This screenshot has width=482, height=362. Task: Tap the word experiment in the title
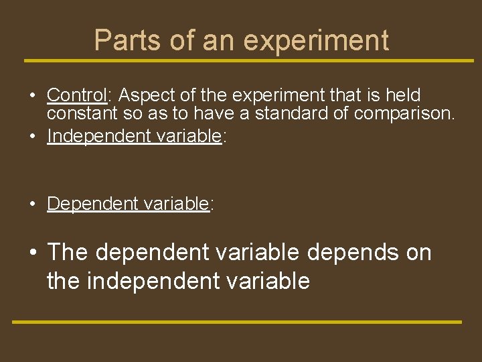(x=316, y=42)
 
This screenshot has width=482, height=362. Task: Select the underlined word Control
(x=77, y=95)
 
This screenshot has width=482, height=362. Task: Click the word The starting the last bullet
(x=68, y=253)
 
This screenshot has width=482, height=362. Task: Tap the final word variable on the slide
(x=276, y=281)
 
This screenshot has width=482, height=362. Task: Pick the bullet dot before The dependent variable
(x=33, y=253)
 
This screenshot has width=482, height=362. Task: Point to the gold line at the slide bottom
(x=237, y=322)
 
